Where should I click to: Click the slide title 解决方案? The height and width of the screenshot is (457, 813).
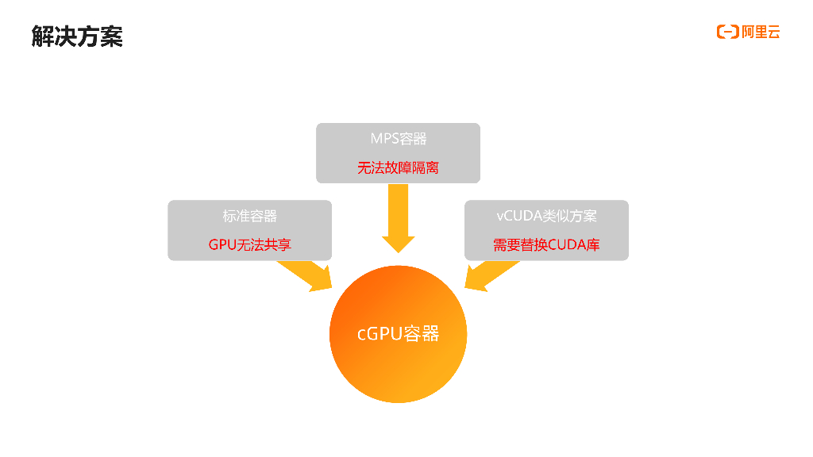77,36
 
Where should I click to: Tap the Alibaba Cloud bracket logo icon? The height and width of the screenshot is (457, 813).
727,32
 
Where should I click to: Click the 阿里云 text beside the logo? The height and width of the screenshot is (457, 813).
761,32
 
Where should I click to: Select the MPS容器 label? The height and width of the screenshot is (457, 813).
398,139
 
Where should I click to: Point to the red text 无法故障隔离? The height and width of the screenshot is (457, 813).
398,168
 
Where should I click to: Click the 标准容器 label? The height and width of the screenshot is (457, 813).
249,216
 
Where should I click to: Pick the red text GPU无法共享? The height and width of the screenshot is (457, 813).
249,245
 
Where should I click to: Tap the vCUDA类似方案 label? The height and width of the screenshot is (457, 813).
546,216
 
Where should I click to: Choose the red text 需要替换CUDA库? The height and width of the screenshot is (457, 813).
546,245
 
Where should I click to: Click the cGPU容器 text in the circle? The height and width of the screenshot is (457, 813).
398,334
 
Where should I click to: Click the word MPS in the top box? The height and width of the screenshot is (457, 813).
383,139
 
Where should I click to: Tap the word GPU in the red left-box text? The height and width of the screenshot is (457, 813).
222,245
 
